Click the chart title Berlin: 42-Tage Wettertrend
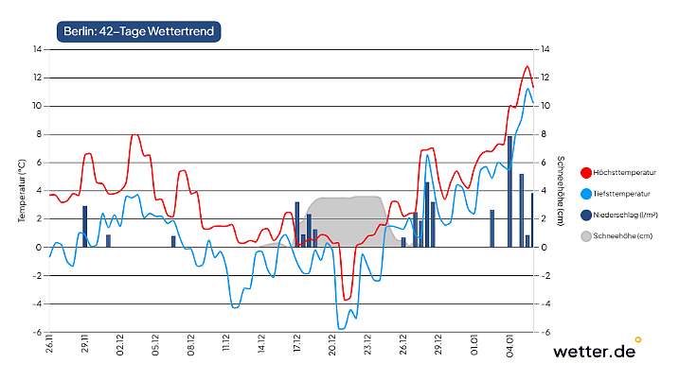tap(138, 32)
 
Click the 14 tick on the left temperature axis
tap(37, 49)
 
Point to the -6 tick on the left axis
tap(37, 333)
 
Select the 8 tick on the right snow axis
tap(544, 134)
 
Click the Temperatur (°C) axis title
tap(21, 191)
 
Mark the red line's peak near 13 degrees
tap(527, 66)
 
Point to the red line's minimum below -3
tap(347, 300)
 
